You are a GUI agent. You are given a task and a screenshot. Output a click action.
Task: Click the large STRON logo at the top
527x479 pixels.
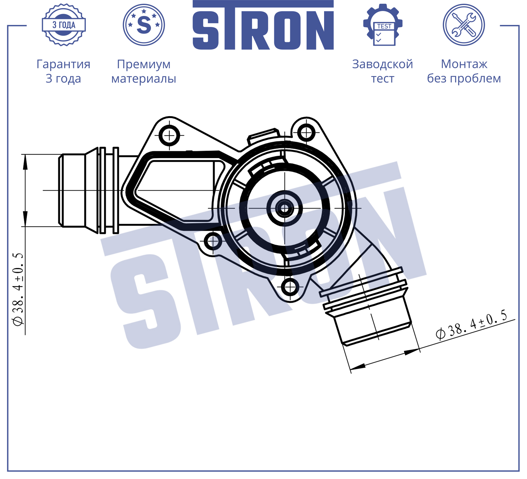pyautogui.click(x=263, y=25)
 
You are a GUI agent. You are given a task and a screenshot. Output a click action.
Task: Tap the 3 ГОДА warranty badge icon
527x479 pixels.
pyautogui.click(x=64, y=25)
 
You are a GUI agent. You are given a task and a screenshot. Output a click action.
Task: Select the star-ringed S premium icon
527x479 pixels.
pyautogui.click(x=144, y=25)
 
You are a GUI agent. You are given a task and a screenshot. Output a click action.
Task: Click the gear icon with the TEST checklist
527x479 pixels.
pyautogui.click(x=383, y=25)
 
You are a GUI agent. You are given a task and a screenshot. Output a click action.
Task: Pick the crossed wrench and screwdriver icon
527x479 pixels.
pyautogui.click(x=464, y=25)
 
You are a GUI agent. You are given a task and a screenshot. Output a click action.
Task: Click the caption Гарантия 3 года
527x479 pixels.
pyautogui.click(x=64, y=71)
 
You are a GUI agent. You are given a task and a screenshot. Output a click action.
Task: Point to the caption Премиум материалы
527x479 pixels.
pyautogui.click(x=144, y=71)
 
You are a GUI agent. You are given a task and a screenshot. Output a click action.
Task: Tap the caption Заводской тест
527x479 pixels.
pyautogui.click(x=383, y=71)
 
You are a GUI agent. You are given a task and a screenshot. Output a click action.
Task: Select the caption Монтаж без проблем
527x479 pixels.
pyautogui.click(x=464, y=71)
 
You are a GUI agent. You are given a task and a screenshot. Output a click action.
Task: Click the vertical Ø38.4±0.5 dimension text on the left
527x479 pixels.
pyautogui.click(x=18, y=290)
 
